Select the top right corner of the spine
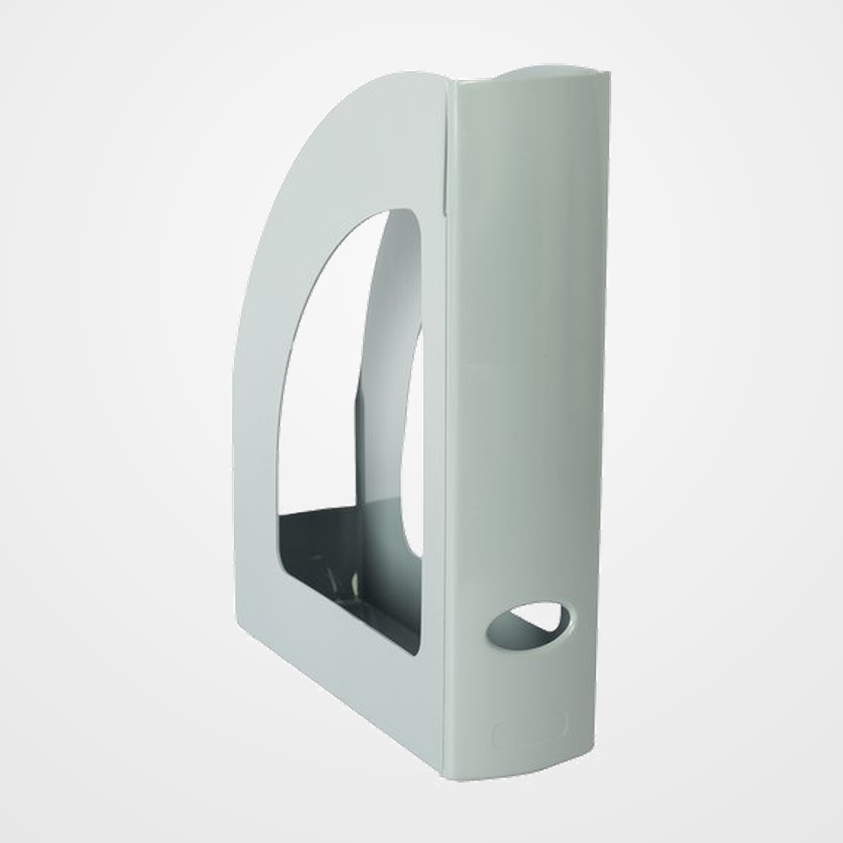pos(608,74)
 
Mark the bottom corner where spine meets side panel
pos(449,780)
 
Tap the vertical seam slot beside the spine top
pos(448,148)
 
